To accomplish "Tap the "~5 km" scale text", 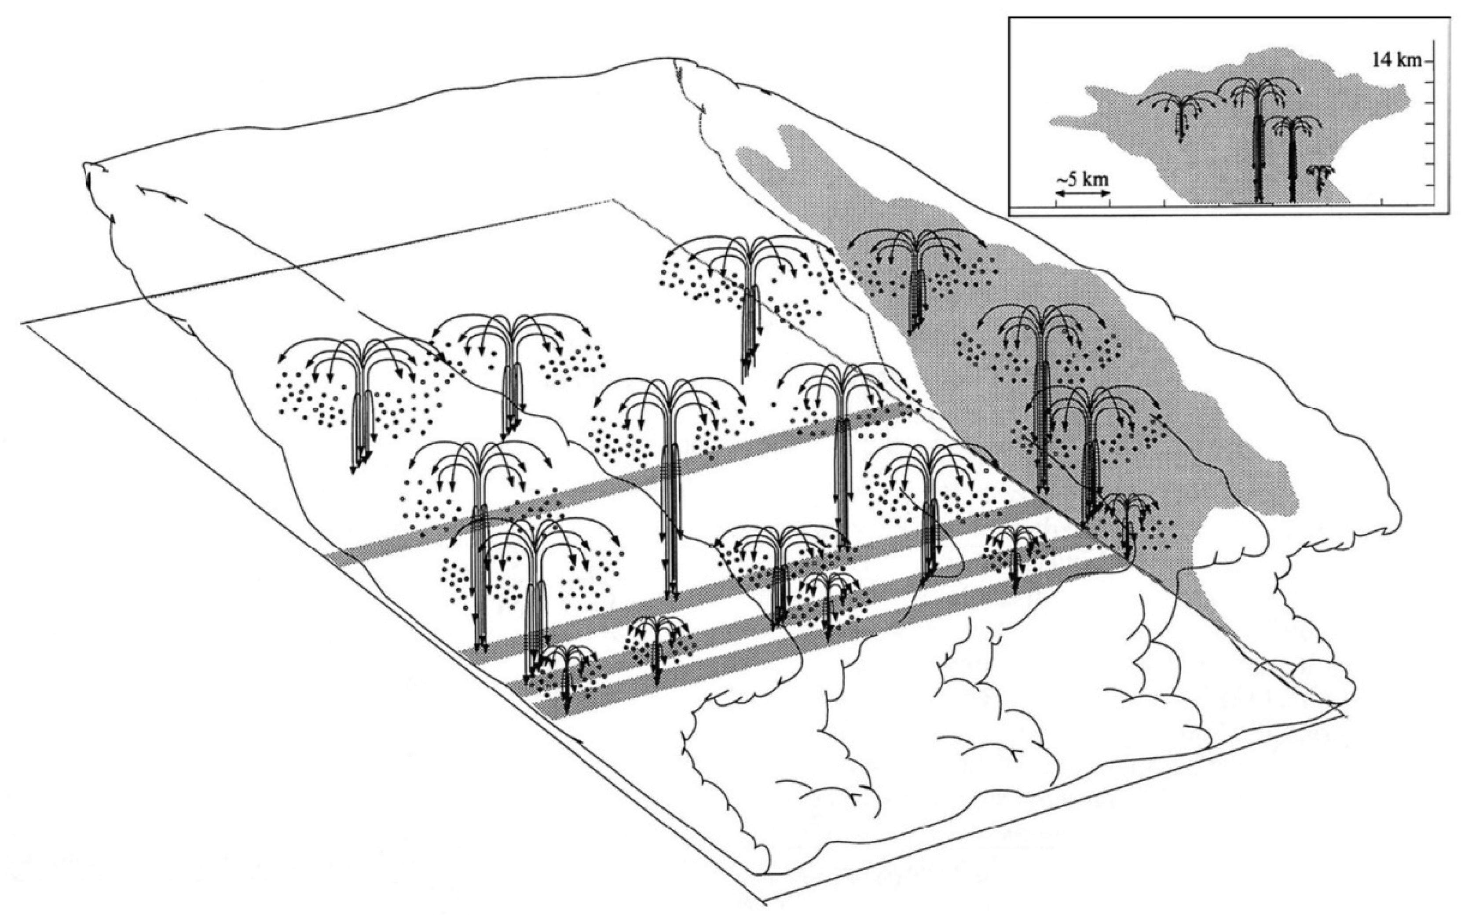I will coord(1083,180).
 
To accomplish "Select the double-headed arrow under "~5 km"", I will coord(1083,193).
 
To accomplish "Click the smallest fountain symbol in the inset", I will coord(1320,179).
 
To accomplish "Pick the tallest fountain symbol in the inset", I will coord(1258,139).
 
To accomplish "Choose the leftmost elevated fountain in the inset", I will coord(1178,115).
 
